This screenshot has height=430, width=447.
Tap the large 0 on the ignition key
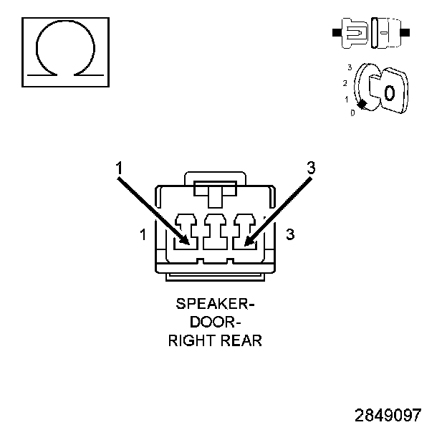point(388,92)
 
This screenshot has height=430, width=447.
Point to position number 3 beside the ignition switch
point(349,67)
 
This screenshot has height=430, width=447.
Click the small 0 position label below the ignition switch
point(352,113)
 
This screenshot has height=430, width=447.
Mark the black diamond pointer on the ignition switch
point(362,105)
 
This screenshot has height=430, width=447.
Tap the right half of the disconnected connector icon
point(387,33)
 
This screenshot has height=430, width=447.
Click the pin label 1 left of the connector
point(143,234)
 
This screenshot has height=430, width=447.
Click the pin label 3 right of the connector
point(290,234)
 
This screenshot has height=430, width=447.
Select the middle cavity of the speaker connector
point(215,233)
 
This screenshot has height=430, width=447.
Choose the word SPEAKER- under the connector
point(215,304)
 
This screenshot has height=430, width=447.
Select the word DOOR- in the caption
point(215,322)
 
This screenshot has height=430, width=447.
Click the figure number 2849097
point(388,415)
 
